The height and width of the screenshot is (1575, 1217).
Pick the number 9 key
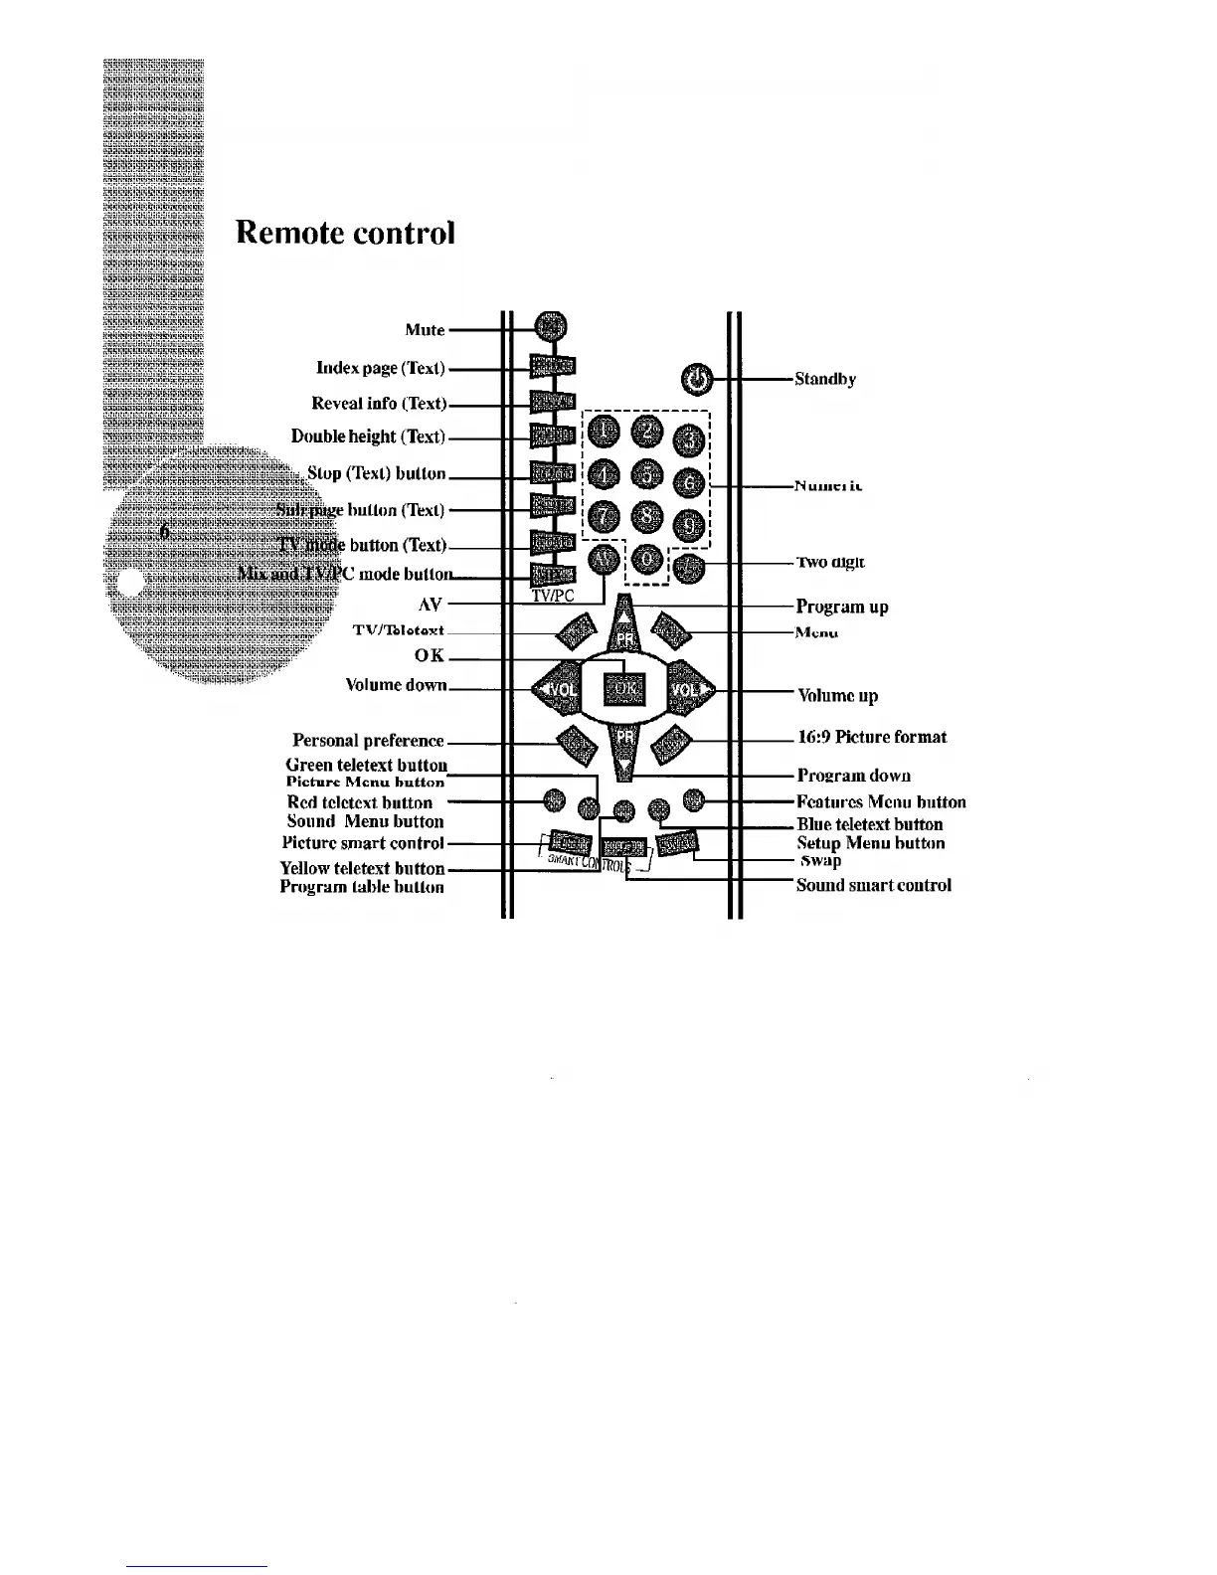point(689,521)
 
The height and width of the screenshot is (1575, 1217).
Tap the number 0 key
point(648,561)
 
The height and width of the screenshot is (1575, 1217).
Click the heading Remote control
point(345,233)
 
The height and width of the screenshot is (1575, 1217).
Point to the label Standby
point(825,379)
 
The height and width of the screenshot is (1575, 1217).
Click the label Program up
point(842,607)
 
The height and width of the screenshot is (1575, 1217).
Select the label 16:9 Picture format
point(872,737)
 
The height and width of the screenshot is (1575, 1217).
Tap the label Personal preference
point(368,741)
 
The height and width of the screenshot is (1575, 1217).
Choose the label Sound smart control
point(873,885)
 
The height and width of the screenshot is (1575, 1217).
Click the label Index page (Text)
point(380,368)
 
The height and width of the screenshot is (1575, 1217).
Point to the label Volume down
point(396,685)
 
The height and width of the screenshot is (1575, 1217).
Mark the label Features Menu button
point(881,801)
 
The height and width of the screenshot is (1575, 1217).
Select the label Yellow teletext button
point(362,868)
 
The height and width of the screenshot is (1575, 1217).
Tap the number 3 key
point(691,437)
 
